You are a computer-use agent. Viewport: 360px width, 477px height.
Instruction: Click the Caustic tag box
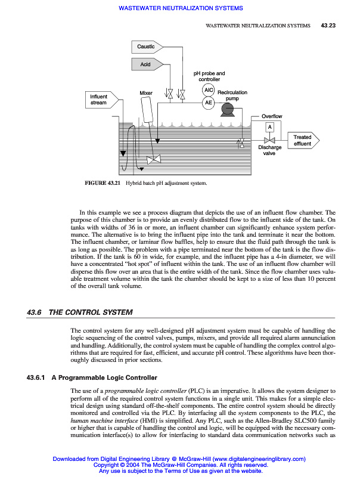(x=147, y=47)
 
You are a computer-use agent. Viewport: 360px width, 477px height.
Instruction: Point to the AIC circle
(x=208, y=90)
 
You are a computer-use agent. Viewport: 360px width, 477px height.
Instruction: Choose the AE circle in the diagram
(x=208, y=103)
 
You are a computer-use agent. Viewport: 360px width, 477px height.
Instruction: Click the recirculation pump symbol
(x=227, y=109)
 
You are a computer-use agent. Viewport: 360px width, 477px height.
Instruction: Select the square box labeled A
(x=269, y=127)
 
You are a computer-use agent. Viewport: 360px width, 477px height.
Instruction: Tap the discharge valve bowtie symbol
(x=269, y=140)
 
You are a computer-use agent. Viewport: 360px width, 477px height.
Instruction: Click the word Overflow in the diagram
(x=272, y=116)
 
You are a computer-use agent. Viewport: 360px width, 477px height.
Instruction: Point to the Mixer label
(x=146, y=93)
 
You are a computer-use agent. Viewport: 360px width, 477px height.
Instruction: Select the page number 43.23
(x=328, y=26)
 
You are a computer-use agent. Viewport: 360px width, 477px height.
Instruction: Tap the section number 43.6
(x=34, y=312)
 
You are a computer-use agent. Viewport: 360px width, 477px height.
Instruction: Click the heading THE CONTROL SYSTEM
(x=91, y=312)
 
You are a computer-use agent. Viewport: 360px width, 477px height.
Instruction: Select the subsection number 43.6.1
(x=36, y=377)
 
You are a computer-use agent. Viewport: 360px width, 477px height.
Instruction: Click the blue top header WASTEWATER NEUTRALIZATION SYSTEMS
(x=181, y=8)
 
